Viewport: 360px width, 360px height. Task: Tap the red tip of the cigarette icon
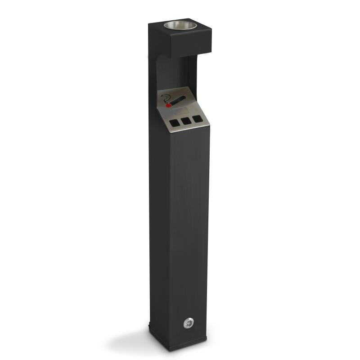coord(169,105)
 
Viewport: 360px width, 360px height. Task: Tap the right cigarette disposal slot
coord(196,119)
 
